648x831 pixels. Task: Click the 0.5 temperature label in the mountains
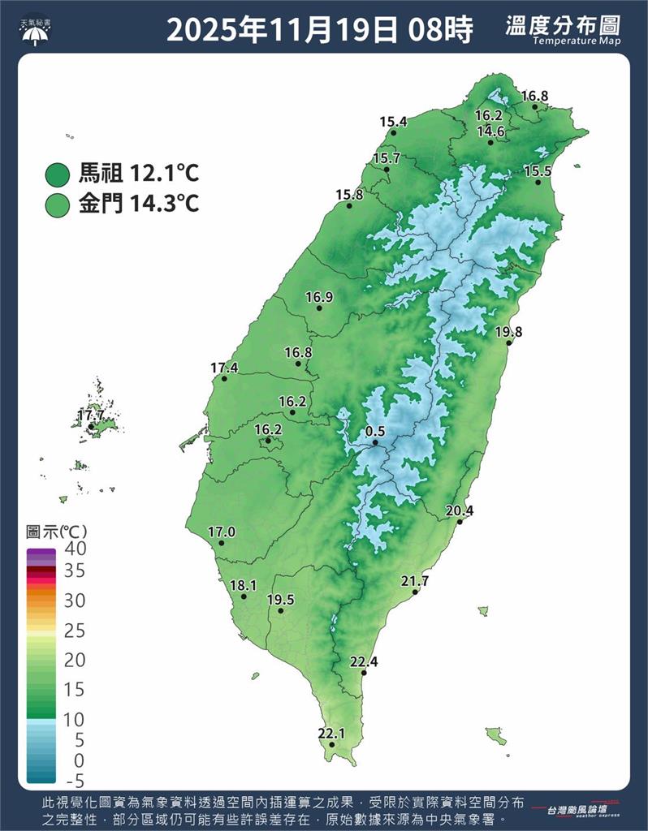(375, 431)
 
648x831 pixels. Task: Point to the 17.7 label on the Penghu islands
(91, 415)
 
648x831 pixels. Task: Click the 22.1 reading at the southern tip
(331, 734)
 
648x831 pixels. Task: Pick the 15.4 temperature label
(393, 122)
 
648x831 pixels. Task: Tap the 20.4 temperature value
(460, 510)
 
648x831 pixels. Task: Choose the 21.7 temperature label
(415, 581)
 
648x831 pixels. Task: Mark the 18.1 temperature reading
(243, 585)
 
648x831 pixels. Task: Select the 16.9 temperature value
(319, 297)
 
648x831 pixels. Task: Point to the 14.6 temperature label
(490, 131)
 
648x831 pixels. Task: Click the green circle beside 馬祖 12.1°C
(58, 174)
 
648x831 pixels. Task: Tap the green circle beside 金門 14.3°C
(58, 203)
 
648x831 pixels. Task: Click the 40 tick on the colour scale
(75, 549)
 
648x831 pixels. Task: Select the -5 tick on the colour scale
(75, 781)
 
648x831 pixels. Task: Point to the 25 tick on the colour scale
(75, 631)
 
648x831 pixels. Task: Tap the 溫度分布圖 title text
(559, 26)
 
